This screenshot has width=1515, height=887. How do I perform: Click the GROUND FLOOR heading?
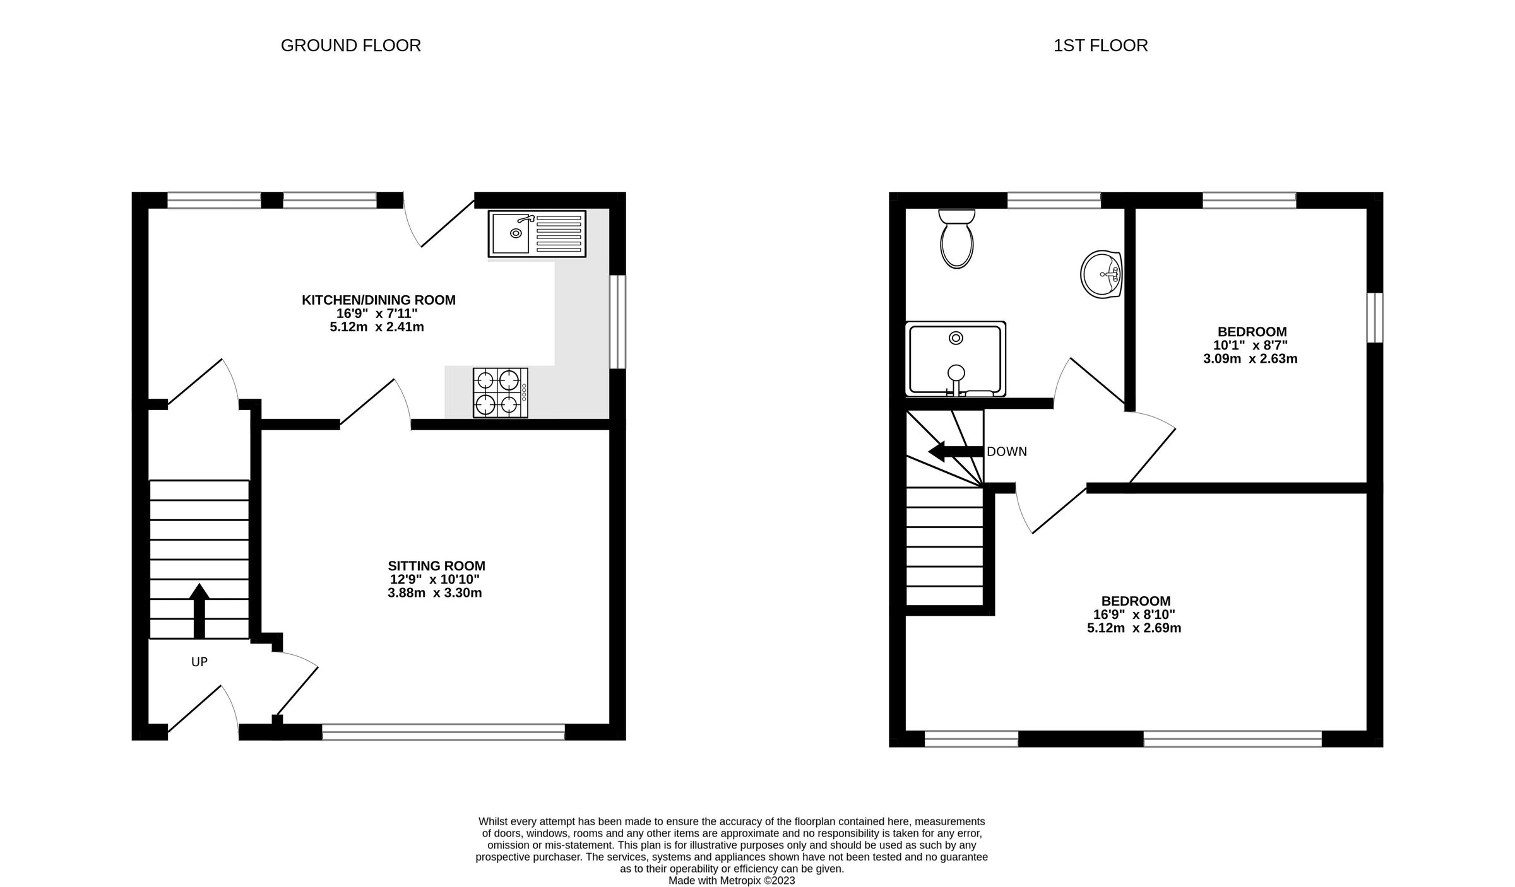350,45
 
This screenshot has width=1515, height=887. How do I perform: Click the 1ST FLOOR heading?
1100,45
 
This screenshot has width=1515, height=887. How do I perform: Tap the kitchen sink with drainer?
537,233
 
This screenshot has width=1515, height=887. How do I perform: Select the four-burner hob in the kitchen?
500,392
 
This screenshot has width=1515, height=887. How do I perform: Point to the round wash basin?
1102,274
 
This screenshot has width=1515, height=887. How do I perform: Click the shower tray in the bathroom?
955,359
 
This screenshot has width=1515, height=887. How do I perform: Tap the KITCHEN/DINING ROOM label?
378,300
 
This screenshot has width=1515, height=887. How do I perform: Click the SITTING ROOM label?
436,566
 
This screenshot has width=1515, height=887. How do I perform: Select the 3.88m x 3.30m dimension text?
434,593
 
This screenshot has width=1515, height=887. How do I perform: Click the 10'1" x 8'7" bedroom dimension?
1251,345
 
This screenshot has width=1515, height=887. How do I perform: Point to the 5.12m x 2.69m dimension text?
1134,628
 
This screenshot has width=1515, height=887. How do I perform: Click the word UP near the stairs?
199,662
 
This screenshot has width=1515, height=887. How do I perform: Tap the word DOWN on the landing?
1006,452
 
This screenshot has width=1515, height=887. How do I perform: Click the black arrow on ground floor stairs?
199,609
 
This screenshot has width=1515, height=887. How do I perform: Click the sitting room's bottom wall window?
443,732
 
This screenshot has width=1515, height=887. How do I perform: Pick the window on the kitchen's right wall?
617,321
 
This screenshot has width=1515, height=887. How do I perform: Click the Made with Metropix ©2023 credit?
731,881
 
